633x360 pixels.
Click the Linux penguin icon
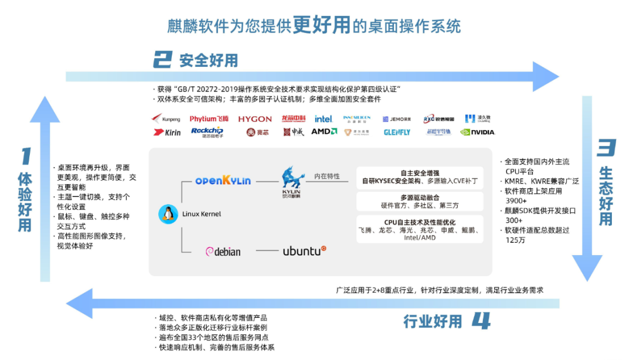tap(168, 215)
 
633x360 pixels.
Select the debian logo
tap(223, 252)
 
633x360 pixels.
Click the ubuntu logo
tap(304, 251)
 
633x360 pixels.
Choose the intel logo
tap(323, 119)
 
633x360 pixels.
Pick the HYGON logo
tap(255, 119)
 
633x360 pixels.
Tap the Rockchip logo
tap(207, 131)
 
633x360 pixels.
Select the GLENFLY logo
tap(397, 133)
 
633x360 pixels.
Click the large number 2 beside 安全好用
tap(162, 59)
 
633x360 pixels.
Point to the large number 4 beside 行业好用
tap(481, 321)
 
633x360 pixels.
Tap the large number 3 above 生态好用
tap(605, 148)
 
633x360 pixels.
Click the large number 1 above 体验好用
tap(25, 157)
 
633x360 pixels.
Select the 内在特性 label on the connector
tap(327, 176)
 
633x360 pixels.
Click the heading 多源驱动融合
tap(420, 198)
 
